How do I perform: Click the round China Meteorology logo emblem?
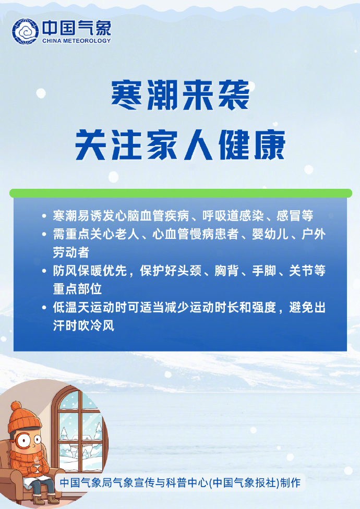coord(26,32)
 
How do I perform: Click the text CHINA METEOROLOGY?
coord(76,41)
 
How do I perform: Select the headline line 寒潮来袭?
coord(181,95)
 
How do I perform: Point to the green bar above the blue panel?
coord(181,193)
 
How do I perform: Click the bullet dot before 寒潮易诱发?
coord(44,215)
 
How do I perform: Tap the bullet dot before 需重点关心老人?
coord(44,235)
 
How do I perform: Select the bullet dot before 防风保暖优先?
coord(44,271)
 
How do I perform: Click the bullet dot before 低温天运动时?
coord(44,308)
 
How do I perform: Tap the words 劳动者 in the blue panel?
coord(71,253)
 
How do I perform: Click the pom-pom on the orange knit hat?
coord(16,406)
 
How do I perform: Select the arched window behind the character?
coord(78,433)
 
